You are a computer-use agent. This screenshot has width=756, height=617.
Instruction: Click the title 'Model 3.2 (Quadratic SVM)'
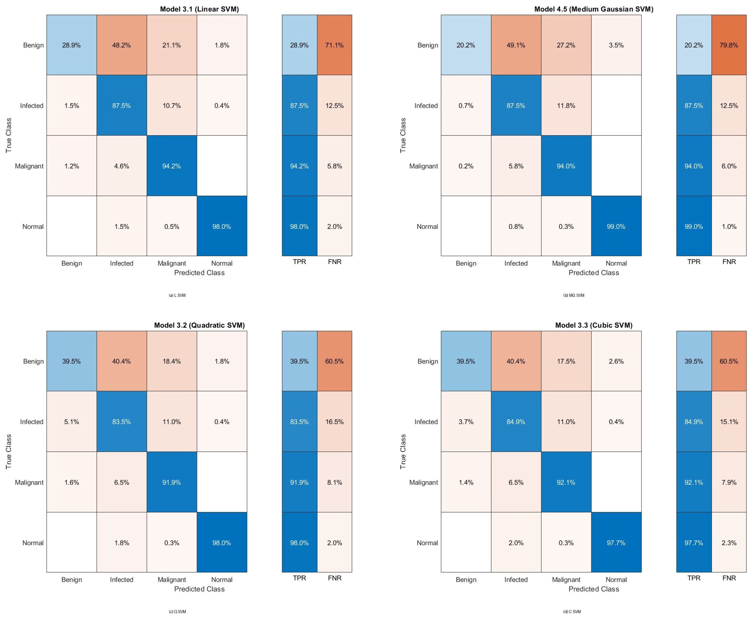(x=199, y=325)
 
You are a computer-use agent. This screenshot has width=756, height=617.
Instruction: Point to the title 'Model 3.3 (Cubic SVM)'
(x=594, y=325)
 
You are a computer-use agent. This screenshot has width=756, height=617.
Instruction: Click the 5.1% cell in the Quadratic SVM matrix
(x=71, y=421)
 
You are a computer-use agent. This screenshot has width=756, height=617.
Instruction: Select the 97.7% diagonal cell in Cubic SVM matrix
(x=616, y=543)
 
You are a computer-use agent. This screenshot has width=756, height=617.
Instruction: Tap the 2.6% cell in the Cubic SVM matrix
(x=616, y=361)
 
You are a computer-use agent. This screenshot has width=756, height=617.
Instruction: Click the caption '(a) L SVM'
(x=177, y=295)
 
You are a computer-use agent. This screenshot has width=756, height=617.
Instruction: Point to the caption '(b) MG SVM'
(x=574, y=295)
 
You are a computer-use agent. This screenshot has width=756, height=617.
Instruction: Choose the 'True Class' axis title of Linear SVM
(x=8, y=135)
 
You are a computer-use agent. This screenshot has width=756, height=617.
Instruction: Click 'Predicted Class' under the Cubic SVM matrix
(x=594, y=589)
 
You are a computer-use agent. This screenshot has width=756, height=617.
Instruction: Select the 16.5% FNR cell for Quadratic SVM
(x=334, y=421)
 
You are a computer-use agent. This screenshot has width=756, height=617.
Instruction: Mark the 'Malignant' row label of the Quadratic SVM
(x=29, y=482)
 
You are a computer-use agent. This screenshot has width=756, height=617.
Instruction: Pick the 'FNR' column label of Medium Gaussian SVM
(x=729, y=262)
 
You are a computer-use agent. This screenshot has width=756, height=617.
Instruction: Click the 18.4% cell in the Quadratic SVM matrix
(x=171, y=361)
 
